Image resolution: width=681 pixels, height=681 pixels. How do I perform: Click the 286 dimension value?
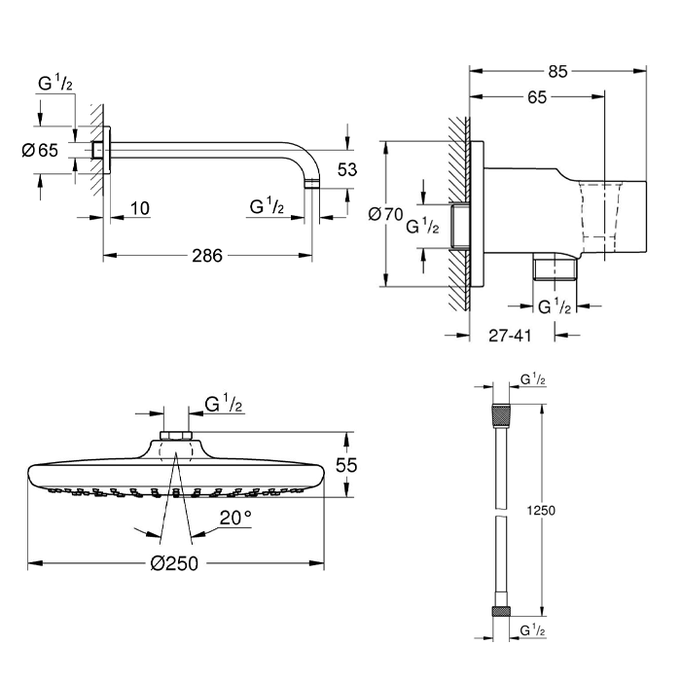click(207, 255)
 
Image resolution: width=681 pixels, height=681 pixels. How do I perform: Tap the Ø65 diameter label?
click(40, 150)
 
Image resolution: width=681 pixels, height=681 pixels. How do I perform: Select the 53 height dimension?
click(347, 169)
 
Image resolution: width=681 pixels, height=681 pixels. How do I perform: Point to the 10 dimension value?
click(140, 208)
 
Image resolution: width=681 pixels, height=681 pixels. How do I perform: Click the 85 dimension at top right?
click(557, 72)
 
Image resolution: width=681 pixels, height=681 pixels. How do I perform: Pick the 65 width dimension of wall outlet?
click(537, 97)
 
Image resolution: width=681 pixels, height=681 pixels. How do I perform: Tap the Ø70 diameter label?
click(385, 214)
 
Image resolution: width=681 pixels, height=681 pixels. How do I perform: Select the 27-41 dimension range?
click(510, 336)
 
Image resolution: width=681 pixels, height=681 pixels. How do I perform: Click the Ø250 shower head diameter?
click(174, 563)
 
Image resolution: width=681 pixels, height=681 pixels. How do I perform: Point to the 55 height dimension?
click(346, 465)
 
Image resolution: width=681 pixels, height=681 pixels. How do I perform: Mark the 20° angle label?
click(235, 518)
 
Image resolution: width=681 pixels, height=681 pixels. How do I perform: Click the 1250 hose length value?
click(541, 510)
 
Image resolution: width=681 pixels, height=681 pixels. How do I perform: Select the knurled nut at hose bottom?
click(501, 611)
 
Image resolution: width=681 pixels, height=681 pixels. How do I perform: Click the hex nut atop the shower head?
click(176, 436)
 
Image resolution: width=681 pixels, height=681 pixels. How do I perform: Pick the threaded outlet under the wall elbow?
click(556, 269)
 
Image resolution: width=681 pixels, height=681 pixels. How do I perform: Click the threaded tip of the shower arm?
click(312, 185)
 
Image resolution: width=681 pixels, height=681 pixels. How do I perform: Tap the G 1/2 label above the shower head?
click(223, 404)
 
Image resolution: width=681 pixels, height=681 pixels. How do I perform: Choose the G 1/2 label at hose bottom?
click(532, 630)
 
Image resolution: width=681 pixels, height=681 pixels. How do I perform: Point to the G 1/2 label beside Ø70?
click(422, 227)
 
